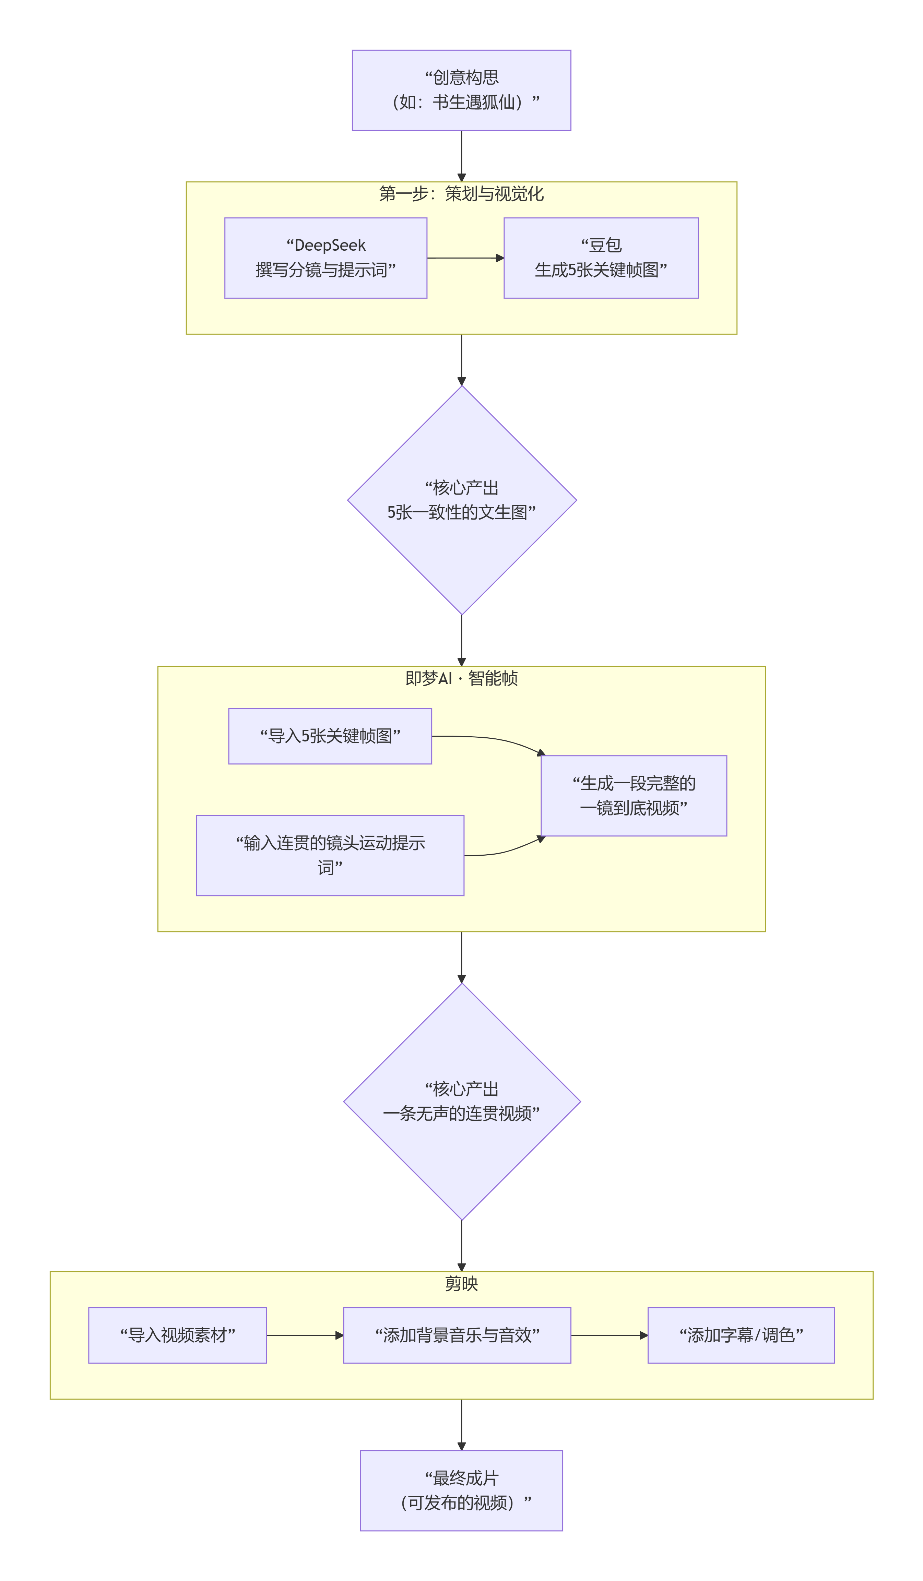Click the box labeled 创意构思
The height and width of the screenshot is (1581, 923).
(461, 90)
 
